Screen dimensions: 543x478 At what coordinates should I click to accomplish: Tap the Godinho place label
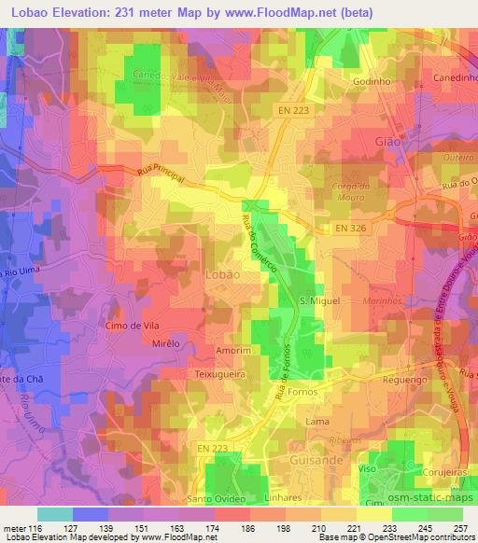click(x=372, y=81)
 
